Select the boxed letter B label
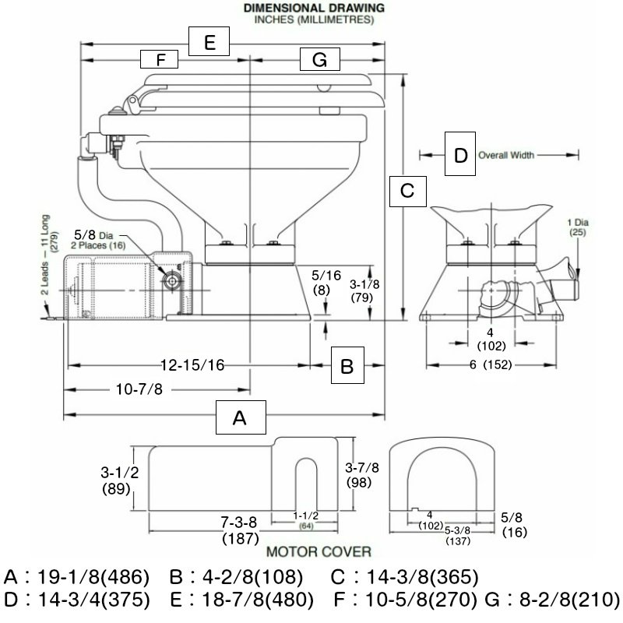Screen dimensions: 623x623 click(x=347, y=364)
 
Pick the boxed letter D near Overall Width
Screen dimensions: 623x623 click(x=460, y=155)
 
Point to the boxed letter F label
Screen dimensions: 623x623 click(x=160, y=59)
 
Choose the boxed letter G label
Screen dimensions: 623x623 click(x=319, y=59)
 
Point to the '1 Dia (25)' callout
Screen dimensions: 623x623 click(x=576, y=227)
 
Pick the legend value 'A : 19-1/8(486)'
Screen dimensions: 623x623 click(x=76, y=579)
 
